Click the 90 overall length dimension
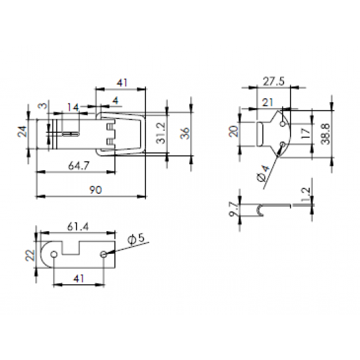[96, 190]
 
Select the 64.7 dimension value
[79, 166]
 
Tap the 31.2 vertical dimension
[161, 133]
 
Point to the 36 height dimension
[185, 133]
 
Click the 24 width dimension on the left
[22, 132]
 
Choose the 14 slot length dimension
[73, 107]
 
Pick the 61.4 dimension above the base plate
[78, 227]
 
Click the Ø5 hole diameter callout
[136, 239]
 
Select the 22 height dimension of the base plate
[30, 255]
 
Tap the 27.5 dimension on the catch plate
[274, 82]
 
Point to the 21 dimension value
[268, 102]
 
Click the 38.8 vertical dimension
[325, 134]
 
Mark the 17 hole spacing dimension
[306, 133]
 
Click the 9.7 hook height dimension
[233, 209]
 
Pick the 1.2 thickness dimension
[306, 194]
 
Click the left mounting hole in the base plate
[54, 254]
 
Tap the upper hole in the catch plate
[283, 124]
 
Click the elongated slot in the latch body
[71, 134]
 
